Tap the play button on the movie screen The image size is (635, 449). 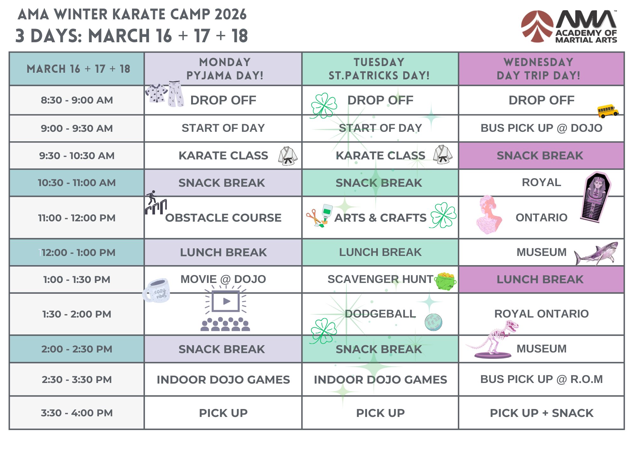tap(226, 301)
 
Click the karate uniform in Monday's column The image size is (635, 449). tap(288, 156)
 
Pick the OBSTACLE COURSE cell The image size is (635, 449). tap(223, 218)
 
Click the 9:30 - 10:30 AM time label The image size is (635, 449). tap(77, 156)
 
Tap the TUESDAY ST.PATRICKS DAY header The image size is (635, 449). tap(379, 69)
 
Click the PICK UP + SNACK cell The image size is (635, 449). tap(541, 413)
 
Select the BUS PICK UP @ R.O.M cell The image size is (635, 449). tap(541, 379)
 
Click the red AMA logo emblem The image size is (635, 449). tap(537, 27)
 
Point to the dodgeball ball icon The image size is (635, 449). tap(433, 322)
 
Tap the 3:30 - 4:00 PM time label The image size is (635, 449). tap(77, 413)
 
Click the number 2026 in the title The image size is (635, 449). tap(230, 15)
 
